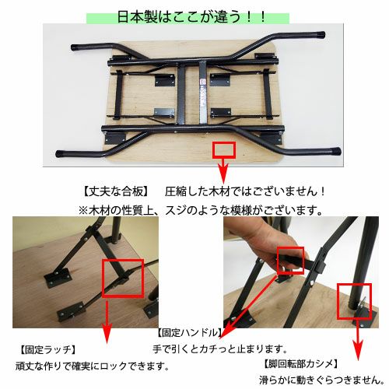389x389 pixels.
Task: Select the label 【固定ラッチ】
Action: (48, 350)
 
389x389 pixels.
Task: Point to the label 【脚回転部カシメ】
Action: (301, 364)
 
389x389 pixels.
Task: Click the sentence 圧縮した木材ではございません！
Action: (245, 191)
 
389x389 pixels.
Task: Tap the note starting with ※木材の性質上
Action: (201, 210)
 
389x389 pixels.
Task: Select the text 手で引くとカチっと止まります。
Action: (220, 349)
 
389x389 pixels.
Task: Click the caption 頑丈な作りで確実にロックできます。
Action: (93, 366)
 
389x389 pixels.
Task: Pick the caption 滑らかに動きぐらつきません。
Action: (321, 380)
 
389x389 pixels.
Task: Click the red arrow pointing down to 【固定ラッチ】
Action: (107, 321)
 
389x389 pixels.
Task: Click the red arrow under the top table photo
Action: (223, 171)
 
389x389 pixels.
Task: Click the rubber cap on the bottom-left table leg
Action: (61, 154)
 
